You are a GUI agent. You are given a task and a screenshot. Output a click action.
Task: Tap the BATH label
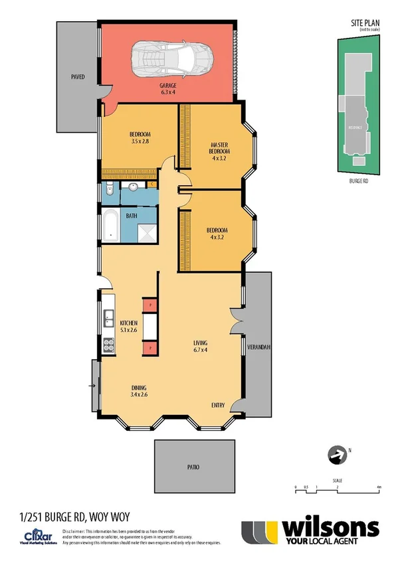[132, 216]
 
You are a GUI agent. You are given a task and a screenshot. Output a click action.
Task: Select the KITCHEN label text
[128, 323]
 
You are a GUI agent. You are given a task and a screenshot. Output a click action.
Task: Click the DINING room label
[139, 388]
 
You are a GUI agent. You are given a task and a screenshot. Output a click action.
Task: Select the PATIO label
[194, 467]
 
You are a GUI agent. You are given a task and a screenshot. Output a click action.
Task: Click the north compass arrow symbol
[336, 455]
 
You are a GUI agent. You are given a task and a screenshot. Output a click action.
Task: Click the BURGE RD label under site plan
[359, 180]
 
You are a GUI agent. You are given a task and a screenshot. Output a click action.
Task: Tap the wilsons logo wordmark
[331, 528]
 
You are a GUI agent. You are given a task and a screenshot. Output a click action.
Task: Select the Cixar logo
[33, 535]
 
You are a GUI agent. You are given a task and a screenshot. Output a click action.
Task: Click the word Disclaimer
[74, 532]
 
